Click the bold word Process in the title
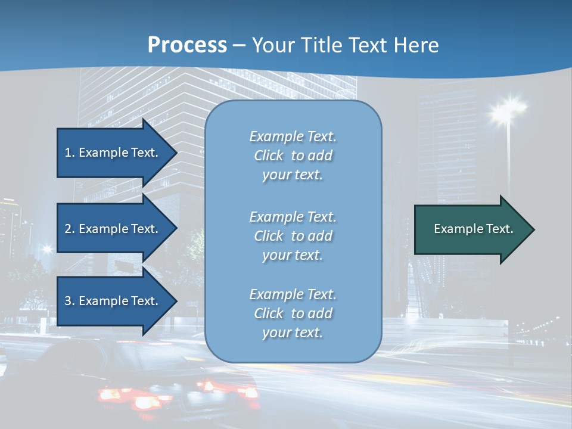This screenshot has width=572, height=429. (x=187, y=45)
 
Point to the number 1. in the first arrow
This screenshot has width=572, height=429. (x=70, y=153)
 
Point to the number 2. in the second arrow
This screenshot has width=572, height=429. (x=70, y=229)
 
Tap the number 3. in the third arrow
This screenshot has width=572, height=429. (x=70, y=301)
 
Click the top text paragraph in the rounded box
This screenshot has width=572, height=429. (x=293, y=156)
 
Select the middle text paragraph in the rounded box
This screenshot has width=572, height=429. (x=293, y=236)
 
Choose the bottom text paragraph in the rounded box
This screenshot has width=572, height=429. (x=293, y=313)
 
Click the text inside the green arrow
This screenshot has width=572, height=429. (x=474, y=229)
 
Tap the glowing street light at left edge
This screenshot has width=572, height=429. (x=46, y=249)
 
